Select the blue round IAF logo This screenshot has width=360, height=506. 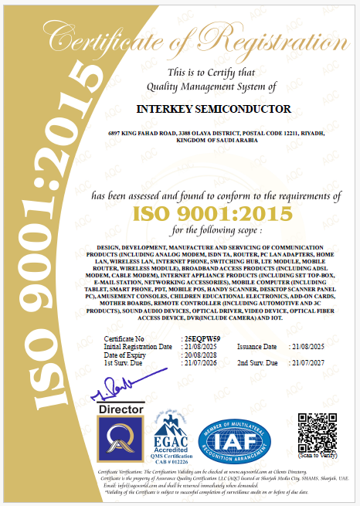tap(236, 438)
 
